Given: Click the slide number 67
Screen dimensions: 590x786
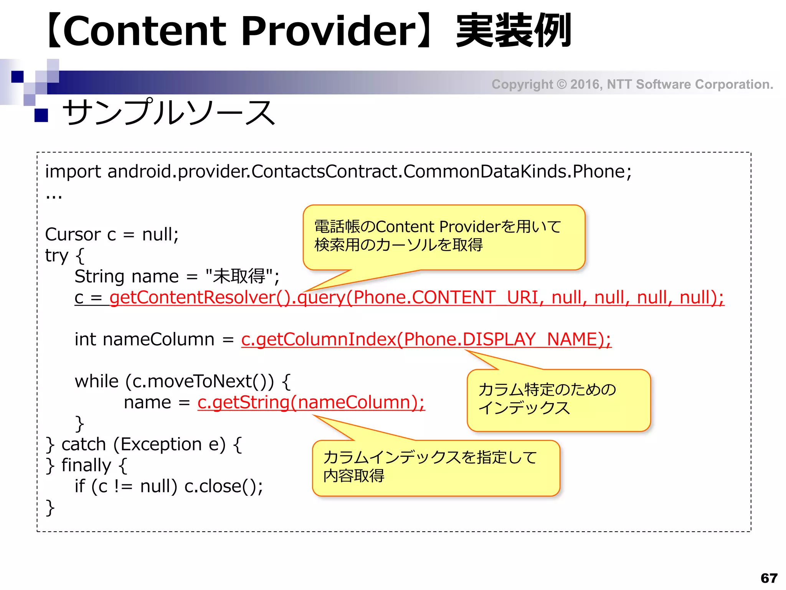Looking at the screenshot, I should (x=769, y=578).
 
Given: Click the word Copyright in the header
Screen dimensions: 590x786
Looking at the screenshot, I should (x=522, y=84).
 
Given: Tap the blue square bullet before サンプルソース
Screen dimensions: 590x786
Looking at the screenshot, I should (x=41, y=115).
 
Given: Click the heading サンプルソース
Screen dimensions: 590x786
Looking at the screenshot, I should (x=168, y=112).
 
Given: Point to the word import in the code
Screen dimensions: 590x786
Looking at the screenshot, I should (x=73, y=171).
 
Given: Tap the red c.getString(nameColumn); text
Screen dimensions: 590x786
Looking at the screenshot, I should (x=311, y=402).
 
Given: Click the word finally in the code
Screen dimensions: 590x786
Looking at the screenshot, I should (x=86, y=465).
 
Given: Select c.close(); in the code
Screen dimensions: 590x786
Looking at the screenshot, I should (x=223, y=486).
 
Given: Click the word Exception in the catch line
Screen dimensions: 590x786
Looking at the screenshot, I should (x=161, y=444).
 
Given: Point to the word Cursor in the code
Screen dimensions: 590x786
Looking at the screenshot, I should (x=73, y=234).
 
